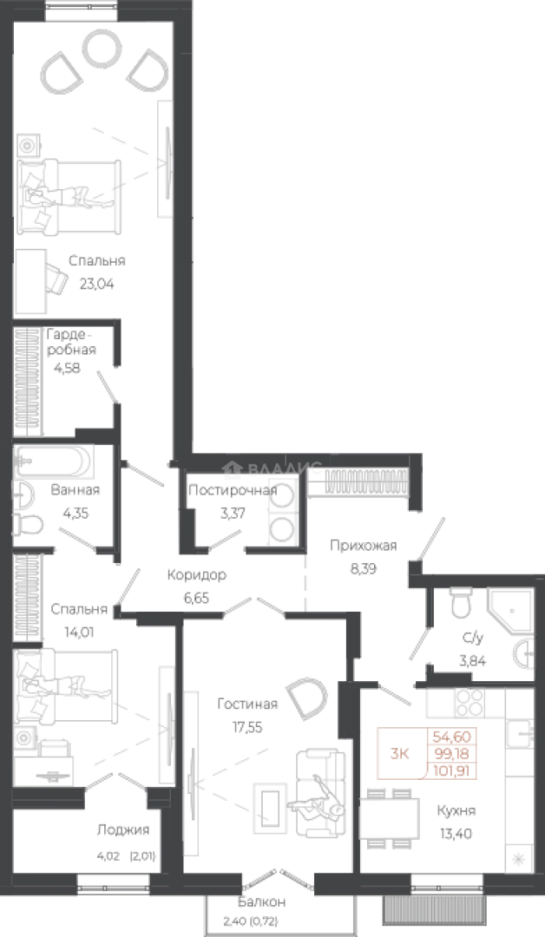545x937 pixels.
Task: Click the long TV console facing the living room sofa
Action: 192,772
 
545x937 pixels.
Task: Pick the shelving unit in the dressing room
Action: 30,382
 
